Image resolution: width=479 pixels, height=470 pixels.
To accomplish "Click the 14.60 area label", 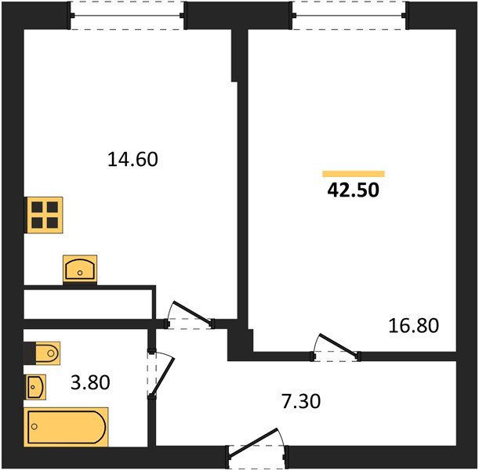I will pyautogui.click(x=132, y=160).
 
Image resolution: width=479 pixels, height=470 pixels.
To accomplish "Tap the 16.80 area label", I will pyautogui.click(x=412, y=324).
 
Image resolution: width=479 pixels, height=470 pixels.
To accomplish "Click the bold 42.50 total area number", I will pyautogui.click(x=353, y=190).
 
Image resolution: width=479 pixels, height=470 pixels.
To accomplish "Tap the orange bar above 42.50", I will pyautogui.click(x=354, y=174).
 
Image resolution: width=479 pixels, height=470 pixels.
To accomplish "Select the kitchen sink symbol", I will pyautogui.click(x=79, y=269).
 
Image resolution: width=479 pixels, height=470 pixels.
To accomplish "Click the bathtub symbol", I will pyautogui.click(x=66, y=427).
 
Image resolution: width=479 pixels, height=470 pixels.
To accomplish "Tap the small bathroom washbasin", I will pyautogui.click(x=36, y=386).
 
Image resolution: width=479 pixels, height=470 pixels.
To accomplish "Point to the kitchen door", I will pyautogui.click(x=190, y=314).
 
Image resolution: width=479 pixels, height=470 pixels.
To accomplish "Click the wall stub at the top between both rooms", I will pyautogui.click(x=236, y=55).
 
